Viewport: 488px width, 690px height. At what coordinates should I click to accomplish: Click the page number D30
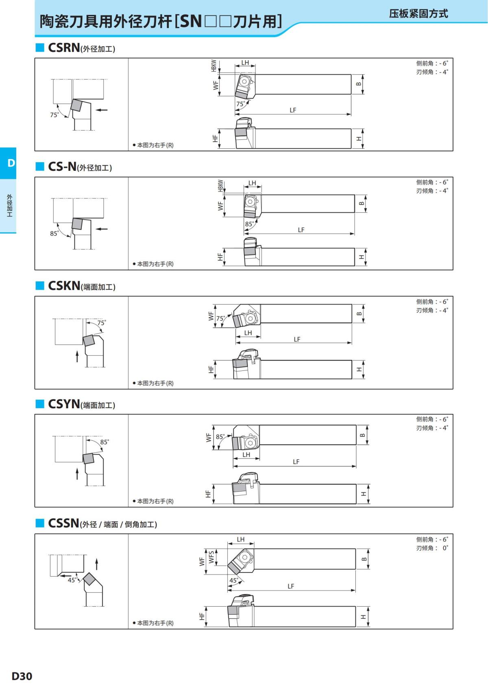point(22,676)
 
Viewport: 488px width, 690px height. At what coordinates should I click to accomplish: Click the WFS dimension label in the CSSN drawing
point(211,557)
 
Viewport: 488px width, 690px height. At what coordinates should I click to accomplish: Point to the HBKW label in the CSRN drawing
point(214,66)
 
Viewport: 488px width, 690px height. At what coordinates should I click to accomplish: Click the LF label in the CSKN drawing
point(297,339)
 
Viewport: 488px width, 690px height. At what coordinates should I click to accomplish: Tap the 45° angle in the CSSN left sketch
point(72,580)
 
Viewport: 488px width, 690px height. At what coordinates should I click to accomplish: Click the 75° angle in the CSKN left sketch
point(101,322)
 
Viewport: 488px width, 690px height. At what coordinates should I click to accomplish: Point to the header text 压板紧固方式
point(418,14)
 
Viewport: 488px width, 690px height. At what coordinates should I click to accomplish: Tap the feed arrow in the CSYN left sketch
point(77,474)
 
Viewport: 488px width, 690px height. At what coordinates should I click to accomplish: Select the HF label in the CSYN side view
point(208,494)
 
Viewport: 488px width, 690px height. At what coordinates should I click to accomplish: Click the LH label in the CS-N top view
point(252,183)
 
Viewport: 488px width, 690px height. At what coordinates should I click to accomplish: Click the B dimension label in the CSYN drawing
point(362,435)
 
